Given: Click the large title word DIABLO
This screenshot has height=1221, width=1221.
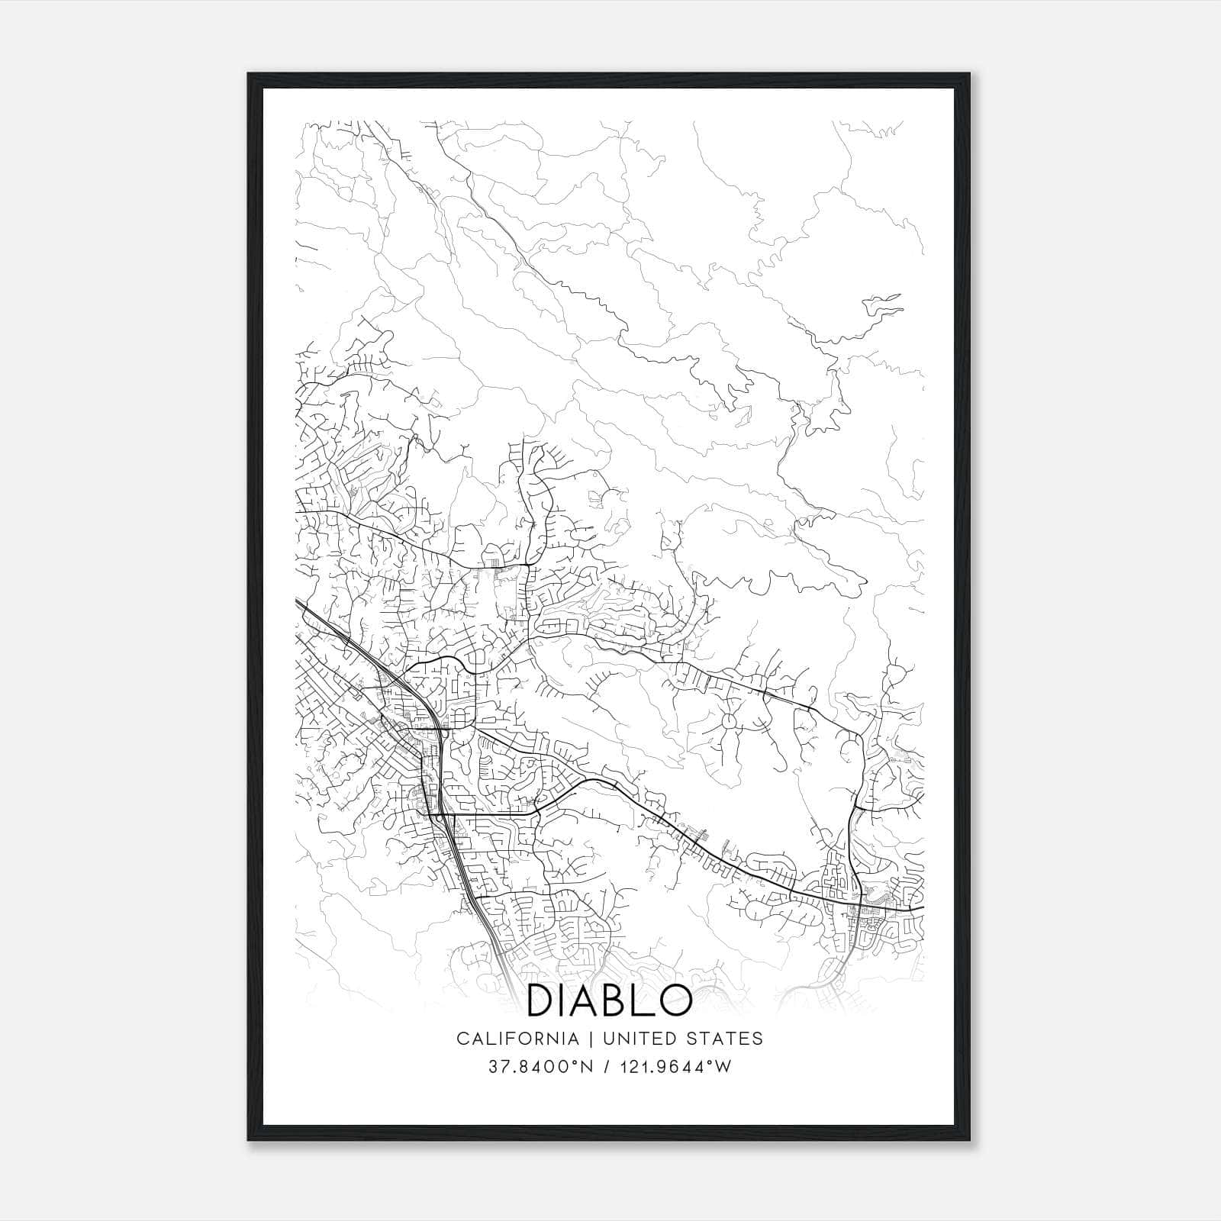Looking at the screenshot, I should tap(609, 1000).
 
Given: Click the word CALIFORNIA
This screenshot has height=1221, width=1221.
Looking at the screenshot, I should tap(517, 1039).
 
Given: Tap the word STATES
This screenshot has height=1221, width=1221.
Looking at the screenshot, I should tap(726, 1039).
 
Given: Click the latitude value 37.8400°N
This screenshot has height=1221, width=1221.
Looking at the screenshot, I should tap(541, 1067).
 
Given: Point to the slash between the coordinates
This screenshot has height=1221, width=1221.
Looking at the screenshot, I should tap(604, 1067).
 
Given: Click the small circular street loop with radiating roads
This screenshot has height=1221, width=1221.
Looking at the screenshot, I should tap(726, 718).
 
